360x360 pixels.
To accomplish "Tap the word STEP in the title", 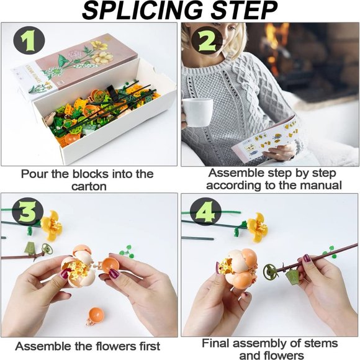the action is point(245,11).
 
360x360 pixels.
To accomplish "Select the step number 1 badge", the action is point(29,42).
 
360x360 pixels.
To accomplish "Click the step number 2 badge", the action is point(207,42).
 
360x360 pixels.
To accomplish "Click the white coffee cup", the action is point(197,112).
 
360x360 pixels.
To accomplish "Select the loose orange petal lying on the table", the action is point(96,316).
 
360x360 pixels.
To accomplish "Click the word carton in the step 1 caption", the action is point(89,186).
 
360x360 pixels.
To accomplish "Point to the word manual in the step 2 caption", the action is point(323,185).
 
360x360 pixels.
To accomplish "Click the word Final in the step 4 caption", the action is point(215,343).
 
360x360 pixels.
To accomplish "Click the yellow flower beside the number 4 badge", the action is point(257,227).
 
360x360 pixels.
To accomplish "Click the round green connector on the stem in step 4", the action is point(271,272).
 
